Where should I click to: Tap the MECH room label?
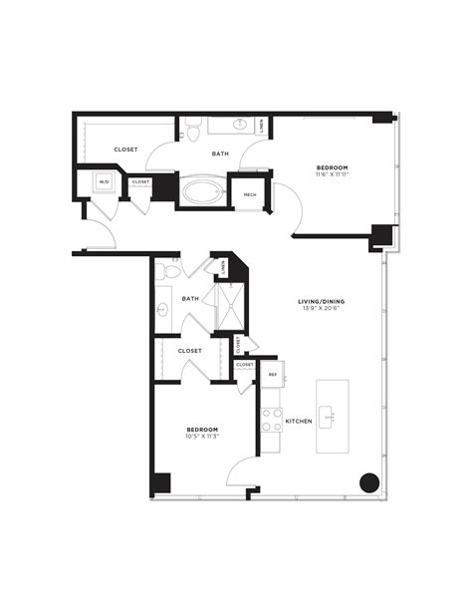coord(249,194)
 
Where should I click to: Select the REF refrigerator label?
coord(272,374)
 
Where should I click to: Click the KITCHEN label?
coord(300,422)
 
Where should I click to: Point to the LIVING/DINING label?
coord(321,300)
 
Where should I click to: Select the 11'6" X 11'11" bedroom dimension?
coord(332,175)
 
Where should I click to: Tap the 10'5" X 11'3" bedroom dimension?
coord(202,436)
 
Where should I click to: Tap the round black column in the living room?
coord(368,483)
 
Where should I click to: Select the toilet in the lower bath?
coord(171,271)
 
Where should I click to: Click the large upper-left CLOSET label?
coord(125,150)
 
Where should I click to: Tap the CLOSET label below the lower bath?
coord(190,351)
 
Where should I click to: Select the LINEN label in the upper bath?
coord(262,127)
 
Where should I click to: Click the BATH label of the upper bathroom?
coord(222,153)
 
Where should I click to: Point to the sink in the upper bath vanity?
coord(240,124)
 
